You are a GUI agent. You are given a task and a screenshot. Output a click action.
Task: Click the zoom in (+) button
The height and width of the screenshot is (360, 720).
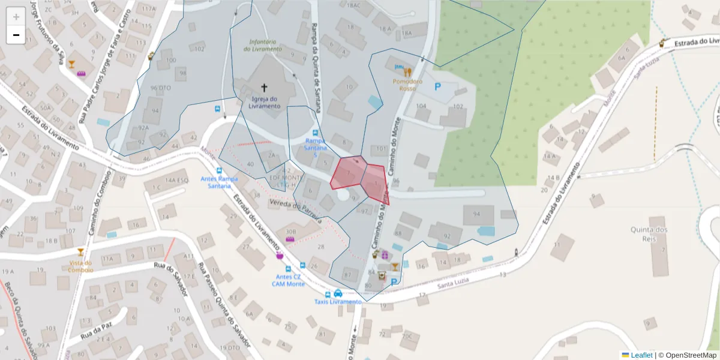[x=16, y=17]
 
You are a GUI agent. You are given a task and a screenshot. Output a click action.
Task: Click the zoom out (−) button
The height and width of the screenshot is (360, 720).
[x=16, y=35]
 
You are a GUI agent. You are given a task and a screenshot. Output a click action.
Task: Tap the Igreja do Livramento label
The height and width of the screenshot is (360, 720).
[x=263, y=103]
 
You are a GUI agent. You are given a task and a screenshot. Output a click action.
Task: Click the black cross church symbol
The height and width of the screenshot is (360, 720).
[x=264, y=88]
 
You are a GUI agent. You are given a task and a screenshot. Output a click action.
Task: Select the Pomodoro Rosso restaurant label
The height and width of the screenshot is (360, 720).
[x=408, y=85]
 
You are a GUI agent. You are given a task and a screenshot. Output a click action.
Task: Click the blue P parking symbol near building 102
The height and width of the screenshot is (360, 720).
[x=437, y=87]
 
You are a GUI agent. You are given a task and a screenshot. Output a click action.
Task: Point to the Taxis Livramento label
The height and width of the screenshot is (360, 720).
[x=338, y=302]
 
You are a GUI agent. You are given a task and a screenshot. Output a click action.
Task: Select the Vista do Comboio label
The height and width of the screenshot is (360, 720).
[x=80, y=266]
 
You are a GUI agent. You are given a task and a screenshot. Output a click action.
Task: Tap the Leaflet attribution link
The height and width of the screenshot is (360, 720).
[x=641, y=355]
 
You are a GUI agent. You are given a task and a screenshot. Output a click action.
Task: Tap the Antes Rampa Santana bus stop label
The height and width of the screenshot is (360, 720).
[x=220, y=182]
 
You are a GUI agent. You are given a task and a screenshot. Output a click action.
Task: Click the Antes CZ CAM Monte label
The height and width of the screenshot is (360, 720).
[x=289, y=280]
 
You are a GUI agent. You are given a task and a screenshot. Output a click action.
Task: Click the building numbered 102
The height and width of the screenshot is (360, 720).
[x=458, y=107]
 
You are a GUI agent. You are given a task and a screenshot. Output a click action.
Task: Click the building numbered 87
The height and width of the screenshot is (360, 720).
[x=347, y=275]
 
